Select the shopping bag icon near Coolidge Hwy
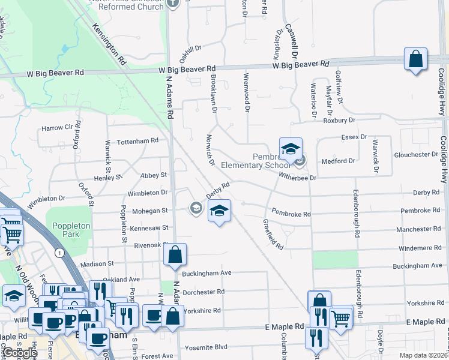(415, 59)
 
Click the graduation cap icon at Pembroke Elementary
(291, 149)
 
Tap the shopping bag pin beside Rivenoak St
(174, 254)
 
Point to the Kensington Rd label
(109, 45)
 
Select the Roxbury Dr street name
(339, 120)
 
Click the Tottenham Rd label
(137, 140)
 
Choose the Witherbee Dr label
(297, 178)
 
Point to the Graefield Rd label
(273, 234)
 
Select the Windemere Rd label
(419, 248)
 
